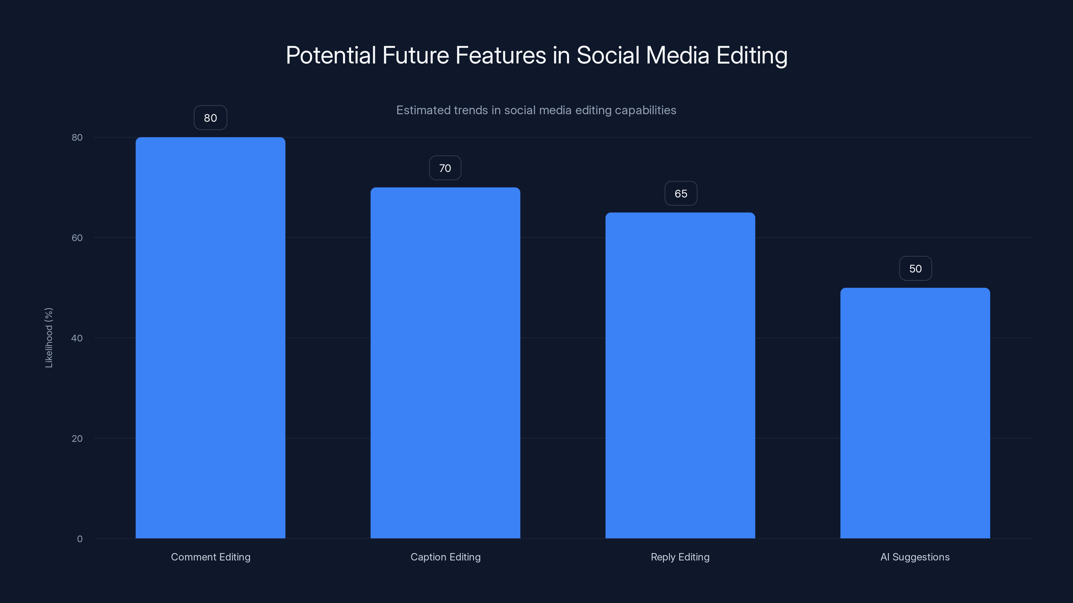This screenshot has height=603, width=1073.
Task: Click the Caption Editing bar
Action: tap(445, 362)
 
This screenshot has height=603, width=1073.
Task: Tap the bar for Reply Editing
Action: tap(680, 375)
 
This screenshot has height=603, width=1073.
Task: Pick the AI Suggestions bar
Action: tap(915, 413)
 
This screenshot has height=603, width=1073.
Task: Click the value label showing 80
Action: tap(210, 118)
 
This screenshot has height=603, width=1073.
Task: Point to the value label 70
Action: tap(445, 168)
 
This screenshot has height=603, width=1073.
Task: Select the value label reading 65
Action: tap(681, 194)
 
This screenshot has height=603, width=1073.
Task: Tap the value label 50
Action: tap(915, 268)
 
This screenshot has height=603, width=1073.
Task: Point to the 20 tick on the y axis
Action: tap(77, 438)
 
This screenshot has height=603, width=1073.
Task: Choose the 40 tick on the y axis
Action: tap(77, 338)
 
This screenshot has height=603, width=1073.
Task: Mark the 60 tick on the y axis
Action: tap(77, 238)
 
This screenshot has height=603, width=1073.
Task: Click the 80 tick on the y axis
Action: tap(77, 137)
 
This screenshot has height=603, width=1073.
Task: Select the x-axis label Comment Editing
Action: tap(210, 557)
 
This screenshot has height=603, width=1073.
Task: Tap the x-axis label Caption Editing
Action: tap(445, 557)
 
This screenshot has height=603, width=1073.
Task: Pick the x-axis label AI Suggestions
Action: tap(915, 557)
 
